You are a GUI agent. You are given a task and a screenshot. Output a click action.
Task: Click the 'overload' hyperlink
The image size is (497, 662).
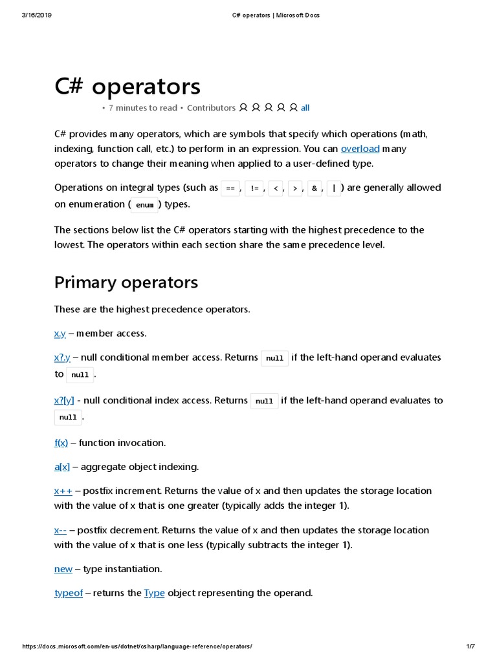360,149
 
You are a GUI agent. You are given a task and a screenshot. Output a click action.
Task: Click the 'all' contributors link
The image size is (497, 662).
305,108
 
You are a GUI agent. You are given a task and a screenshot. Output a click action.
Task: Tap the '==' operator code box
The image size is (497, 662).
230,188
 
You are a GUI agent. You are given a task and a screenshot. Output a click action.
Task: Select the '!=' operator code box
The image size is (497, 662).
254,188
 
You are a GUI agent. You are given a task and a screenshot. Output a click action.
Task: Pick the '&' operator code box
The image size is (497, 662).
315,188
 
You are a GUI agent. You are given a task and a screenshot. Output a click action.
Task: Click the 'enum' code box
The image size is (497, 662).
145,205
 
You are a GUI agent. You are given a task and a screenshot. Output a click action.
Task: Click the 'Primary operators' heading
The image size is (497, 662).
126,283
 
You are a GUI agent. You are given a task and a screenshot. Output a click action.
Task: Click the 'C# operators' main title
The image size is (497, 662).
127,86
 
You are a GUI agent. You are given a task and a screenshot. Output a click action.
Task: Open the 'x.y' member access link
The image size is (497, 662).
60,334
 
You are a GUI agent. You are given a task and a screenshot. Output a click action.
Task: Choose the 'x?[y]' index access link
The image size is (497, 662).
64,400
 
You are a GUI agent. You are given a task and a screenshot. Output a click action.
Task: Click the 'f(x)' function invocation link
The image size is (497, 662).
61,443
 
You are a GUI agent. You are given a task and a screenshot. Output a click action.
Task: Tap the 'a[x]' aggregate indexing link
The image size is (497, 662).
62,467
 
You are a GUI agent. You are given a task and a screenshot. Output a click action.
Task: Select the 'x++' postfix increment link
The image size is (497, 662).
63,491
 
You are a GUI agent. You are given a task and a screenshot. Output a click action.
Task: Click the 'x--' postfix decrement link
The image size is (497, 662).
60,530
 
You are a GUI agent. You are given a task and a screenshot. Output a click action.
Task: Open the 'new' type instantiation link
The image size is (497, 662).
63,569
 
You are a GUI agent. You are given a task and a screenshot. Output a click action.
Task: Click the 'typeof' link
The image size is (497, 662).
69,593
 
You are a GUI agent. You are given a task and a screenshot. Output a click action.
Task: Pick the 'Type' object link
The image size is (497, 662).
154,593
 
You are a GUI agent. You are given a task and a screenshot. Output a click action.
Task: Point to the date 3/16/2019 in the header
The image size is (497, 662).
36,15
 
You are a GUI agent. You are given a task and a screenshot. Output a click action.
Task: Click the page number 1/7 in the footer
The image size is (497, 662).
470,646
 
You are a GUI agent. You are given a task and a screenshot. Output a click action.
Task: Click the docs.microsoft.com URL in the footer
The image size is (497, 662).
137,646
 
